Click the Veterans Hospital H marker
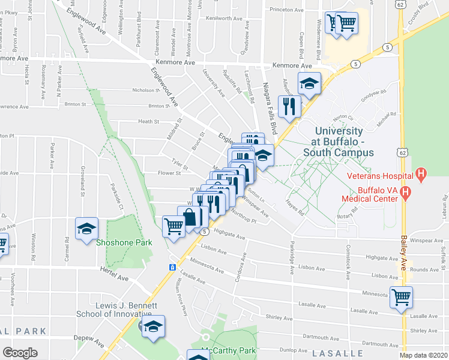421,176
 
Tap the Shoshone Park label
124,242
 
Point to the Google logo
20,353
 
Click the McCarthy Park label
230,351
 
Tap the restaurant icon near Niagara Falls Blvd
290,106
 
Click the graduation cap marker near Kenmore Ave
309,83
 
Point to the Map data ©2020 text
424,355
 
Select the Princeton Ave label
286,10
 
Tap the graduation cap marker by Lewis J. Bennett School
153,326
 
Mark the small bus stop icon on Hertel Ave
172,267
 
